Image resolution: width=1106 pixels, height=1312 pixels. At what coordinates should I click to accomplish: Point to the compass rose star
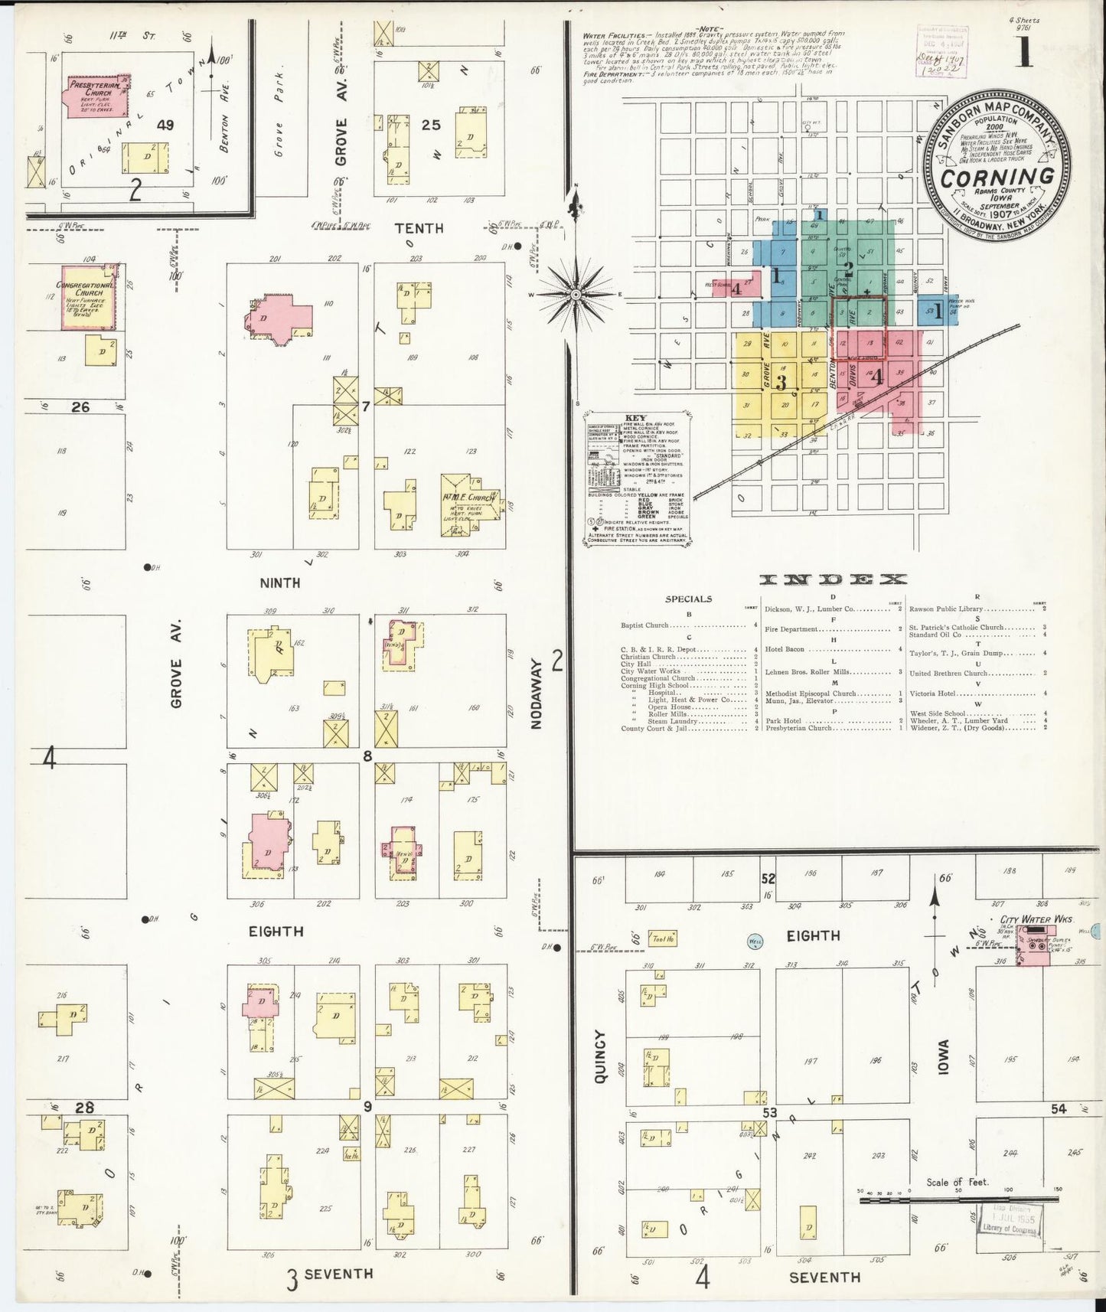click(576, 295)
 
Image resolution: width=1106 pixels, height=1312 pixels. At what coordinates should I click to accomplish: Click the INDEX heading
click(834, 579)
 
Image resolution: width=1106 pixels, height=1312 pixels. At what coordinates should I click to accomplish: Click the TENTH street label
click(419, 228)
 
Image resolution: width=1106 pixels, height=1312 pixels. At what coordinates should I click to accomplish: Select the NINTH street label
click(279, 583)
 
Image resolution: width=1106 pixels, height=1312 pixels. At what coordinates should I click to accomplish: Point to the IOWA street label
click(943, 1059)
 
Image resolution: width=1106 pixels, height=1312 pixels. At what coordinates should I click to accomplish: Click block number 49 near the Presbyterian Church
click(167, 125)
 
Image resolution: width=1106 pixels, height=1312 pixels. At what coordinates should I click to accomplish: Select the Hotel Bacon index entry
click(784, 649)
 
